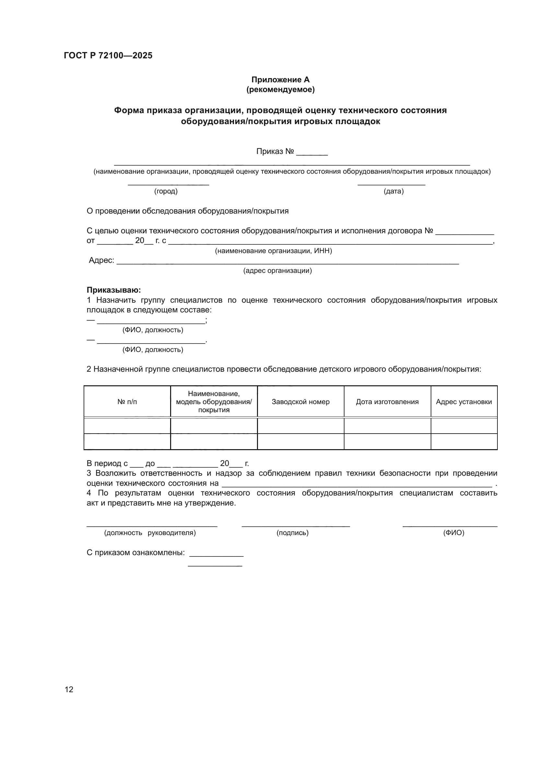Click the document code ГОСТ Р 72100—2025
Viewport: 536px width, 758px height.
pyautogui.click(x=108, y=55)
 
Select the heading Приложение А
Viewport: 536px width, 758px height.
pyautogui.click(x=280, y=80)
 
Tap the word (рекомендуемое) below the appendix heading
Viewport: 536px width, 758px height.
pyautogui.click(x=280, y=89)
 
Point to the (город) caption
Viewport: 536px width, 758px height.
pyautogui.click(x=166, y=191)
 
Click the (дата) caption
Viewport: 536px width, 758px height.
pyautogui.click(x=393, y=191)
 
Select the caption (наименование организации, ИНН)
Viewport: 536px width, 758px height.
pyautogui.click(x=273, y=251)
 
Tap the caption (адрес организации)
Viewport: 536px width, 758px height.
pyautogui.click(x=277, y=271)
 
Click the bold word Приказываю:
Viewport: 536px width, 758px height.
pyautogui.click(x=113, y=290)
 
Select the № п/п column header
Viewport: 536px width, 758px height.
pyautogui.click(x=127, y=402)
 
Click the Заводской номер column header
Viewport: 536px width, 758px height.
pyautogui.click(x=300, y=402)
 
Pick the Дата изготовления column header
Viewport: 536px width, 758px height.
pyautogui.click(x=387, y=402)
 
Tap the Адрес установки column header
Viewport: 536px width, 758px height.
pyautogui.click(x=464, y=402)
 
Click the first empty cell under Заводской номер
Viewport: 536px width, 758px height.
pyautogui.click(x=300, y=426)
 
